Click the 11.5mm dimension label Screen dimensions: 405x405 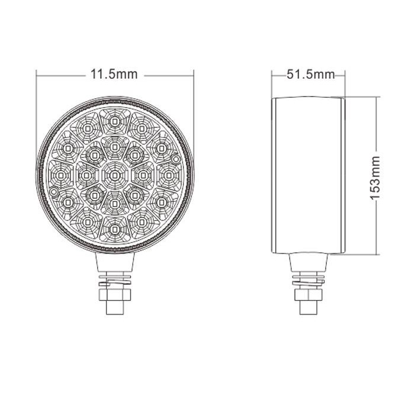click(x=114, y=75)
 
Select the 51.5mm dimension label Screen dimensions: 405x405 click(x=310, y=75)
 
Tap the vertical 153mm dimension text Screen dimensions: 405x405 click(x=375, y=178)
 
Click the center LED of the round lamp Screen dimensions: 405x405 click(x=114, y=176)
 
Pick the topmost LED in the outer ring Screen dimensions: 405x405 click(x=114, y=121)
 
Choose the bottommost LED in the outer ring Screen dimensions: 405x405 click(x=114, y=229)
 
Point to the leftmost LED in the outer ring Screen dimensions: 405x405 click(x=61, y=176)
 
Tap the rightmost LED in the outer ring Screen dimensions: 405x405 click(x=168, y=176)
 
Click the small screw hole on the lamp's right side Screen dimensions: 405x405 click(x=176, y=159)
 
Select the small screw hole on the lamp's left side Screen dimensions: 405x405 click(x=54, y=192)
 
